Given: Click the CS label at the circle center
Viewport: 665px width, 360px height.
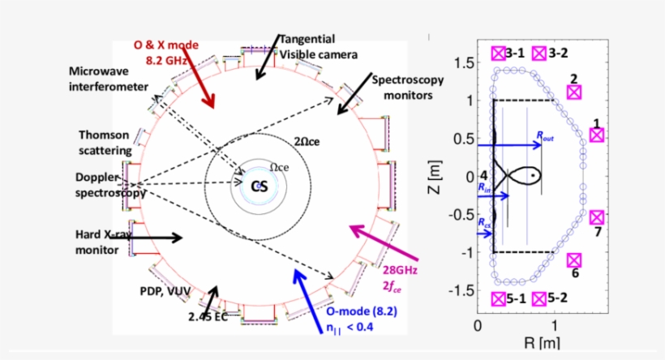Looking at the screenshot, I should (x=259, y=186).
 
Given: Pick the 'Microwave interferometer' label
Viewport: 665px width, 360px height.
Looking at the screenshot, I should (x=108, y=79).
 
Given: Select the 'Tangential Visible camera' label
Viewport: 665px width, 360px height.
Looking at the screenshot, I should (x=317, y=46).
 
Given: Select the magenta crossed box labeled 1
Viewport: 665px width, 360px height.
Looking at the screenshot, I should (x=597, y=135).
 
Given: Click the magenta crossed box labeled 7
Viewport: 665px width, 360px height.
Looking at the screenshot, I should (x=597, y=217).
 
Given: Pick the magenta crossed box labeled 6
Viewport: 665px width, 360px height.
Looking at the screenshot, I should (x=574, y=260).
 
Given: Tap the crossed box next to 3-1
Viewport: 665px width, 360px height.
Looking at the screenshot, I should (x=498, y=54).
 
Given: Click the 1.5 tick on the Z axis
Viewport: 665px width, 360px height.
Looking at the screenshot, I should (x=464, y=62).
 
